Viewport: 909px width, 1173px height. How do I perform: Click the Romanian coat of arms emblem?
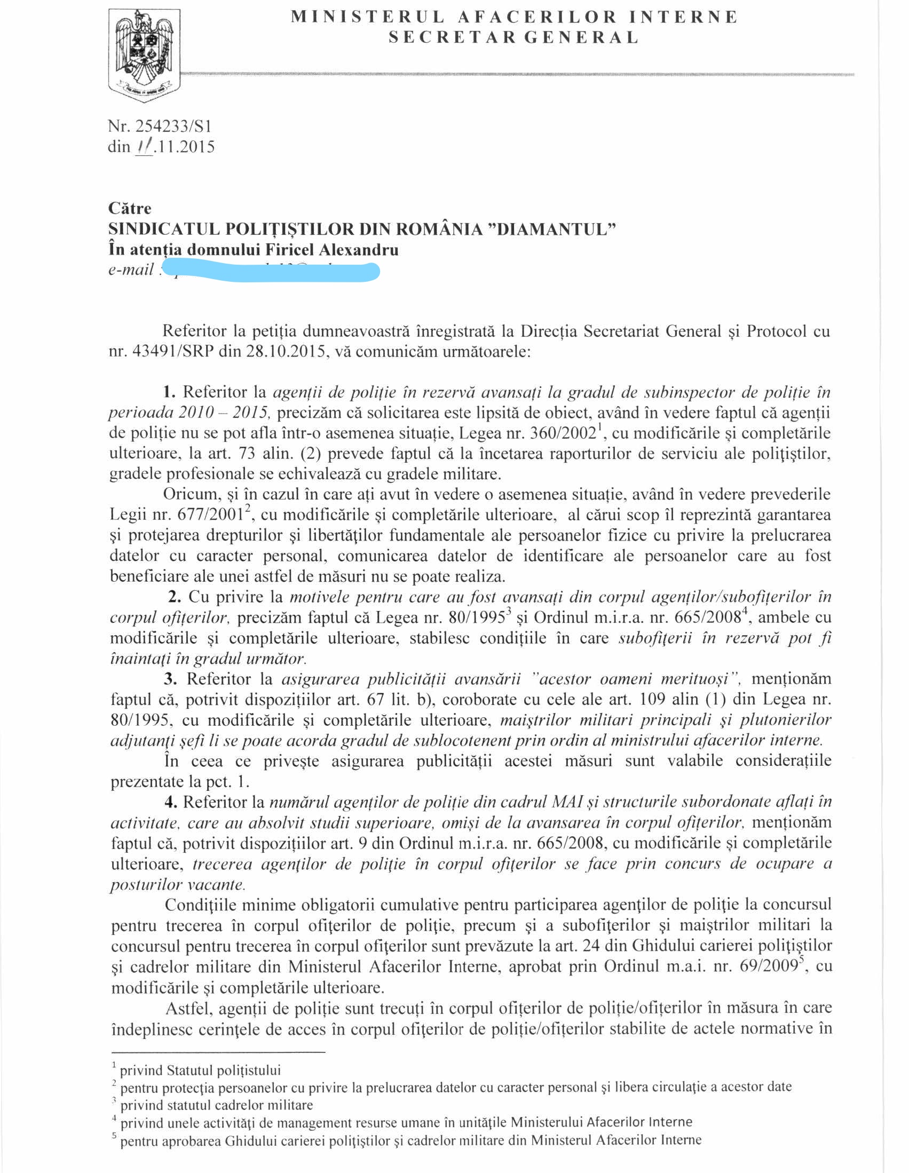[144, 55]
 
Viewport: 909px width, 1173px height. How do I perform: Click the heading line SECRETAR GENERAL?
[513, 37]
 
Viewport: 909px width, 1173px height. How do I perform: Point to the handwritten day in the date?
[144, 147]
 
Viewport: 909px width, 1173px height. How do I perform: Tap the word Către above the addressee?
[130, 208]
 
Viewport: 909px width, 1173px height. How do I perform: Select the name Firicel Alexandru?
[332, 250]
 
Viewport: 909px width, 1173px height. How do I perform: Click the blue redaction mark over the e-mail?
[271, 270]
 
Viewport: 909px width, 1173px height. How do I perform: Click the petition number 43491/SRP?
[172, 352]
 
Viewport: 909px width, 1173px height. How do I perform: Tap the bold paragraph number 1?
[169, 392]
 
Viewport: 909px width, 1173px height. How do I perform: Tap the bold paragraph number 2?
[174, 597]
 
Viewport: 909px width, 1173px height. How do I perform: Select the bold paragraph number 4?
[171, 803]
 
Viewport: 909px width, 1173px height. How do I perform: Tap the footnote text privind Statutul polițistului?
[200, 1071]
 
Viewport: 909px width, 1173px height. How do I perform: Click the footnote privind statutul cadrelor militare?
[216, 1105]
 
